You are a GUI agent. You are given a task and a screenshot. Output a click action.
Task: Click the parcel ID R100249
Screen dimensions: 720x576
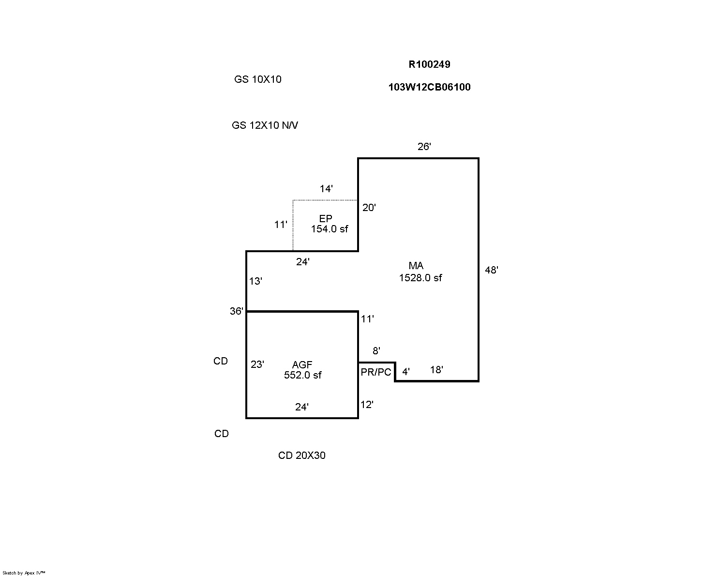tap(429, 64)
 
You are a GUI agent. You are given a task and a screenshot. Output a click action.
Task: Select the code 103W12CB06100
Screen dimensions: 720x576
tap(429, 87)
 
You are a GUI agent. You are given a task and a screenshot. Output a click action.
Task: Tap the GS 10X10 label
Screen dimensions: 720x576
tap(257, 79)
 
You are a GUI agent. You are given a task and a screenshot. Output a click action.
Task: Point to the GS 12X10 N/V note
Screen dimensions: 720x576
tap(265, 125)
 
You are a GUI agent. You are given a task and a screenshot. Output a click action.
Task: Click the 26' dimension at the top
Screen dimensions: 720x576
tap(424, 147)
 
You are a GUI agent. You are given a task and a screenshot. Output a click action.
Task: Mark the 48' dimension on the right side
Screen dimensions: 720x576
tap(492, 270)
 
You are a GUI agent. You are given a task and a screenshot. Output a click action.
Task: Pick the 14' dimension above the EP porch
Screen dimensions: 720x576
tap(326, 189)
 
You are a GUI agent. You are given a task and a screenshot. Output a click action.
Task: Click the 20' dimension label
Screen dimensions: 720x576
tap(369, 208)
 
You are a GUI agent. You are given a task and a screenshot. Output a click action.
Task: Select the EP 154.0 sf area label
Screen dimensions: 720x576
tap(329, 224)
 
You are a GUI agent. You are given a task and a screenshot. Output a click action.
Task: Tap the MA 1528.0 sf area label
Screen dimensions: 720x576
tap(420, 272)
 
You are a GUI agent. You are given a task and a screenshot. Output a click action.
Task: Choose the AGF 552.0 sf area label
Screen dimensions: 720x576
tap(302, 370)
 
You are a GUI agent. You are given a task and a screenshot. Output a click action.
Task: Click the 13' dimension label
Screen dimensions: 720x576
tap(255, 281)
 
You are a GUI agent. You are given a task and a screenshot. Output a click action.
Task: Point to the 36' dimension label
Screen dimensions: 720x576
tap(237, 311)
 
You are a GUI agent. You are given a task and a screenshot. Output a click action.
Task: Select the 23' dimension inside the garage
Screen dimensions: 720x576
tap(257, 364)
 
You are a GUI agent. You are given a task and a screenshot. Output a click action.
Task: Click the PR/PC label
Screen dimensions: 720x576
tap(375, 372)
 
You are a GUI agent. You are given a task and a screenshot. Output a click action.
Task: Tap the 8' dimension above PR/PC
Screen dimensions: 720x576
tap(376, 351)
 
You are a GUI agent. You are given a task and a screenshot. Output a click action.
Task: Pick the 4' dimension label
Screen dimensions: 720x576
tap(406, 372)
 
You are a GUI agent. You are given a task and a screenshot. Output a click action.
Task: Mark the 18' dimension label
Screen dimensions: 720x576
tap(436, 370)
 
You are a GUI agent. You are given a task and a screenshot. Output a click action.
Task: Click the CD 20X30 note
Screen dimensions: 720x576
tap(302, 455)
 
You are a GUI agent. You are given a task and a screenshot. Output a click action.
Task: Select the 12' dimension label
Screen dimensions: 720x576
tap(367, 405)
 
